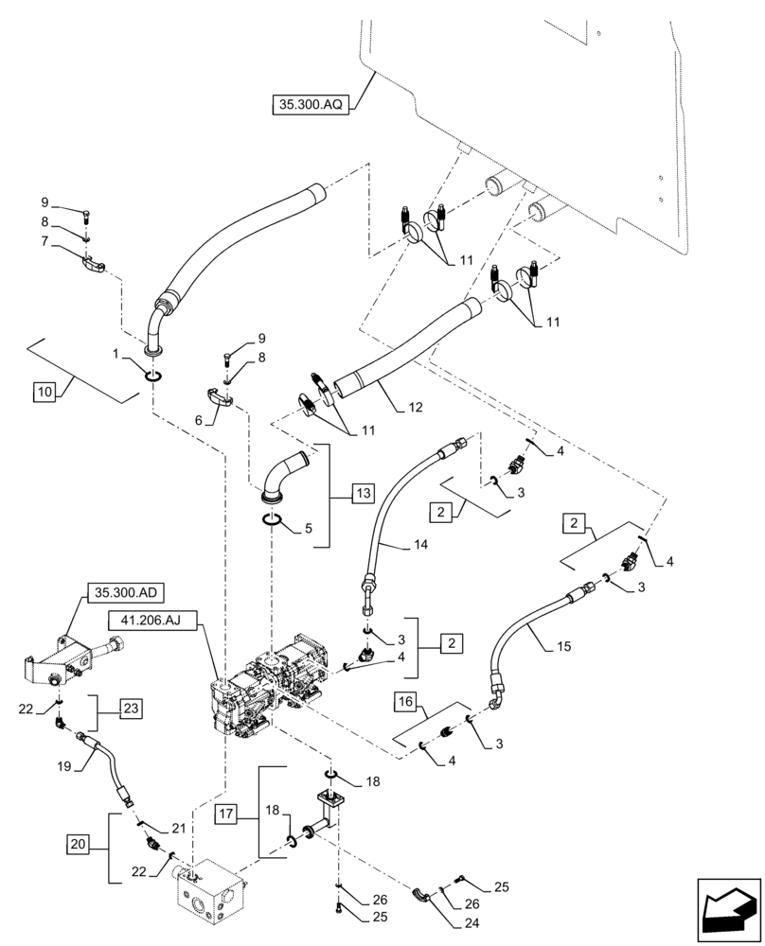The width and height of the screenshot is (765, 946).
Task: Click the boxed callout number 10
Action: [44, 391]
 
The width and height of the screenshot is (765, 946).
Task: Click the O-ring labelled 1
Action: [154, 377]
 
